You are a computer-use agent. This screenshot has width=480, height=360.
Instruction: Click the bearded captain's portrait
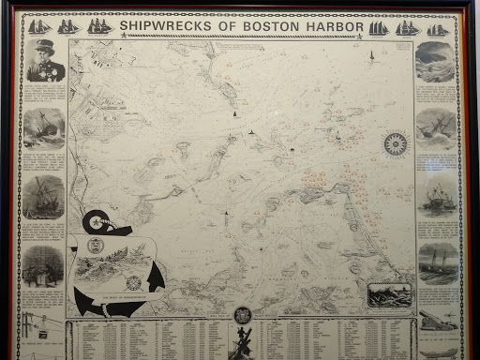click(x=43, y=62)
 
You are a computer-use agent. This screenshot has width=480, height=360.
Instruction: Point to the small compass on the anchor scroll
click(x=133, y=282)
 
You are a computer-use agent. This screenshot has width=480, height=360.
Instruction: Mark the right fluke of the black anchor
click(x=156, y=277)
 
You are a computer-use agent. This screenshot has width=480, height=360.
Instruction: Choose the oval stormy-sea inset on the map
click(x=389, y=293)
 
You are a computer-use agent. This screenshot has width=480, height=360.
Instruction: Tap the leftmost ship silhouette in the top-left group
click(x=38, y=27)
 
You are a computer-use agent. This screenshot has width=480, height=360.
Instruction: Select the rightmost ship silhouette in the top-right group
click(x=438, y=29)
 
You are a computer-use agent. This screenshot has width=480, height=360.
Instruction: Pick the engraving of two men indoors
click(x=43, y=263)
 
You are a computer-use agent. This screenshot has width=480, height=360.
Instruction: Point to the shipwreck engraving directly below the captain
click(x=43, y=127)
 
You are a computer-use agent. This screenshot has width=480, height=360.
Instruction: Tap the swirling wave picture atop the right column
click(x=435, y=62)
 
